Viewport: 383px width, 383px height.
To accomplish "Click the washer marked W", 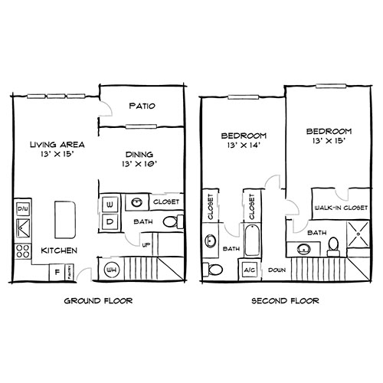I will tap(110, 205).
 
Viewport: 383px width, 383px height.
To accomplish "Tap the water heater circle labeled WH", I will tap(110, 270).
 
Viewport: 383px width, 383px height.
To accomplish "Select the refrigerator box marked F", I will tap(57, 271).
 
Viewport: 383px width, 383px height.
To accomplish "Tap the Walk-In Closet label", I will tap(338, 208).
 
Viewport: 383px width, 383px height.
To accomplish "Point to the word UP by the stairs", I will tap(147, 245).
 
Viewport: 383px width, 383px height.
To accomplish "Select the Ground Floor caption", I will tap(99, 301).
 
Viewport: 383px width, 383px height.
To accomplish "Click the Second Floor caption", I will tap(285, 301).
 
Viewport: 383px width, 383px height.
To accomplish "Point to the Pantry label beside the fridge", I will tap(68, 271).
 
